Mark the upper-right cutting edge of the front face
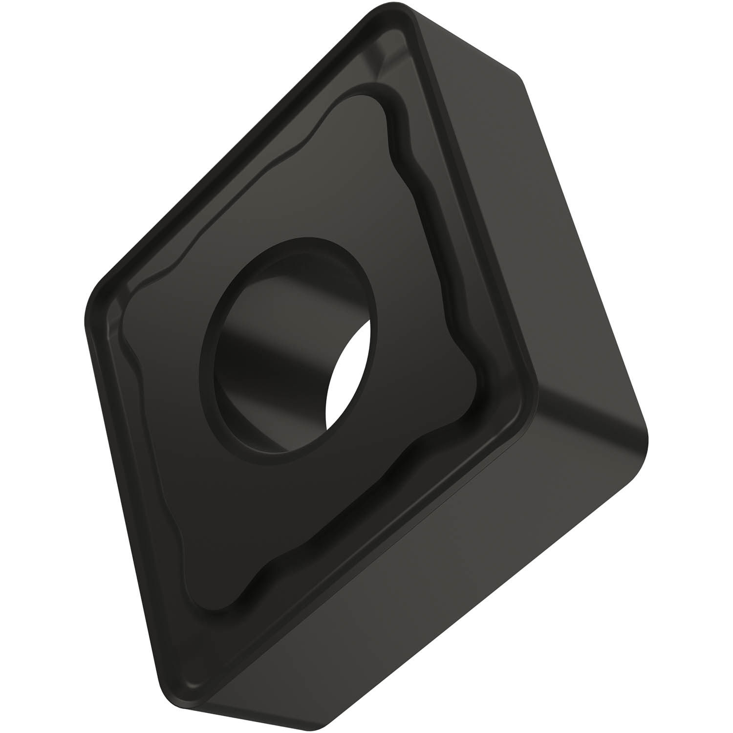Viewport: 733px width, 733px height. click(469, 195)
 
